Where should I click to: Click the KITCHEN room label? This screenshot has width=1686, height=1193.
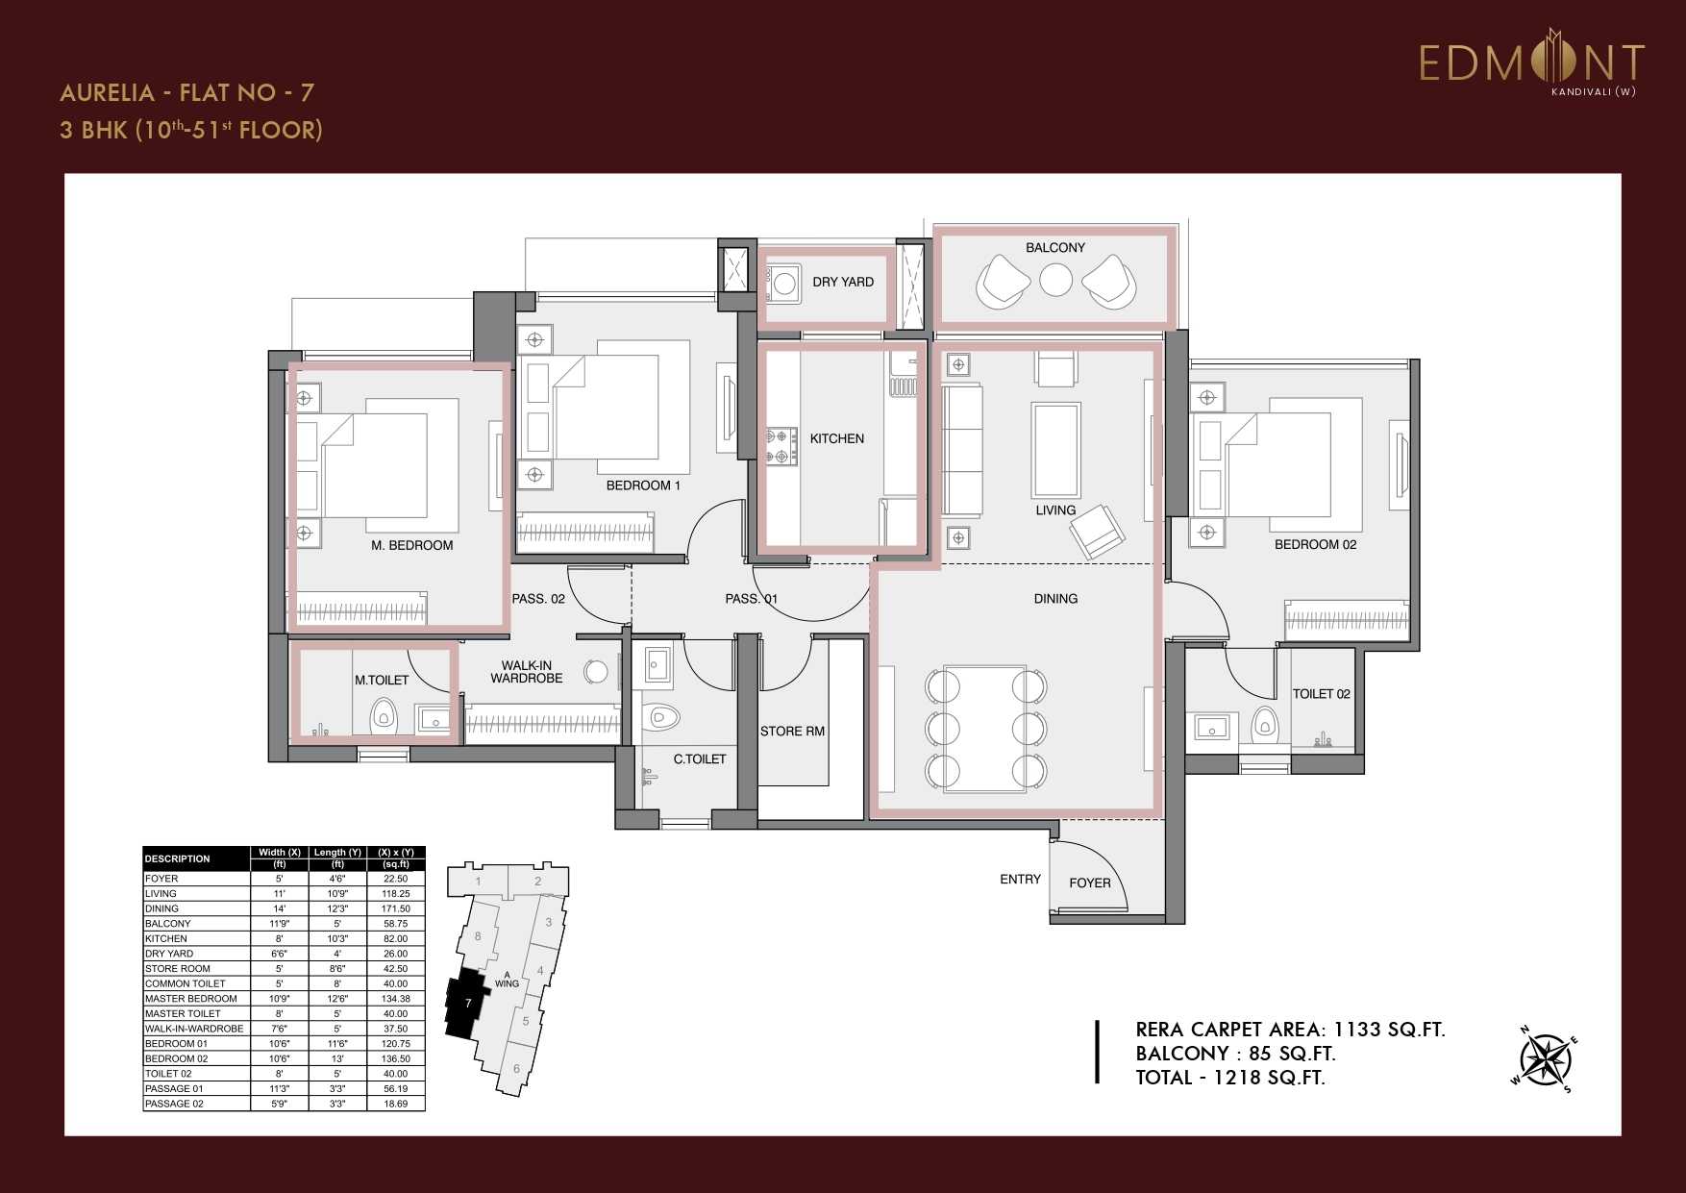pos(836,438)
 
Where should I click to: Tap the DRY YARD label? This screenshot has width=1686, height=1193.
pos(842,282)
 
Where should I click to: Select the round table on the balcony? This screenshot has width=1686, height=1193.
pos(1055,280)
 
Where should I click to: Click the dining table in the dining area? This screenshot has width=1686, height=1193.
pos(985,728)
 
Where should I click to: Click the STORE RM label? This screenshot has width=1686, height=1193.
pos(792,731)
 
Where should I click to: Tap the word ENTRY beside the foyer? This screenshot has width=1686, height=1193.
pos(1020,879)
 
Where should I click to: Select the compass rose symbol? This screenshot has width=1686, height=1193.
pos(1547,1060)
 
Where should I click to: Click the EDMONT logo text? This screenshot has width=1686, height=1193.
pos(1531,63)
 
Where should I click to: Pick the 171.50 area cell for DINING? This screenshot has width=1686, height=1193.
pos(395,908)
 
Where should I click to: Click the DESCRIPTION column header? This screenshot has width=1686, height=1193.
pos(177,858)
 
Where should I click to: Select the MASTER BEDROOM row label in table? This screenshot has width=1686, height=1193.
pos(190,999)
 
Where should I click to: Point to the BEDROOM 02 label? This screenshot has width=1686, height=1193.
pos(1315,544)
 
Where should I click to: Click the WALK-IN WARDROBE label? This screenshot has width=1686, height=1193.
pos(526,671)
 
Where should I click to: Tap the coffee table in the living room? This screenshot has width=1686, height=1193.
pos(1055,448)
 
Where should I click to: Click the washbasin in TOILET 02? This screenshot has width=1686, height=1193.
pos(1211,727)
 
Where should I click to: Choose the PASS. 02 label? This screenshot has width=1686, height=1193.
pos(538,598)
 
